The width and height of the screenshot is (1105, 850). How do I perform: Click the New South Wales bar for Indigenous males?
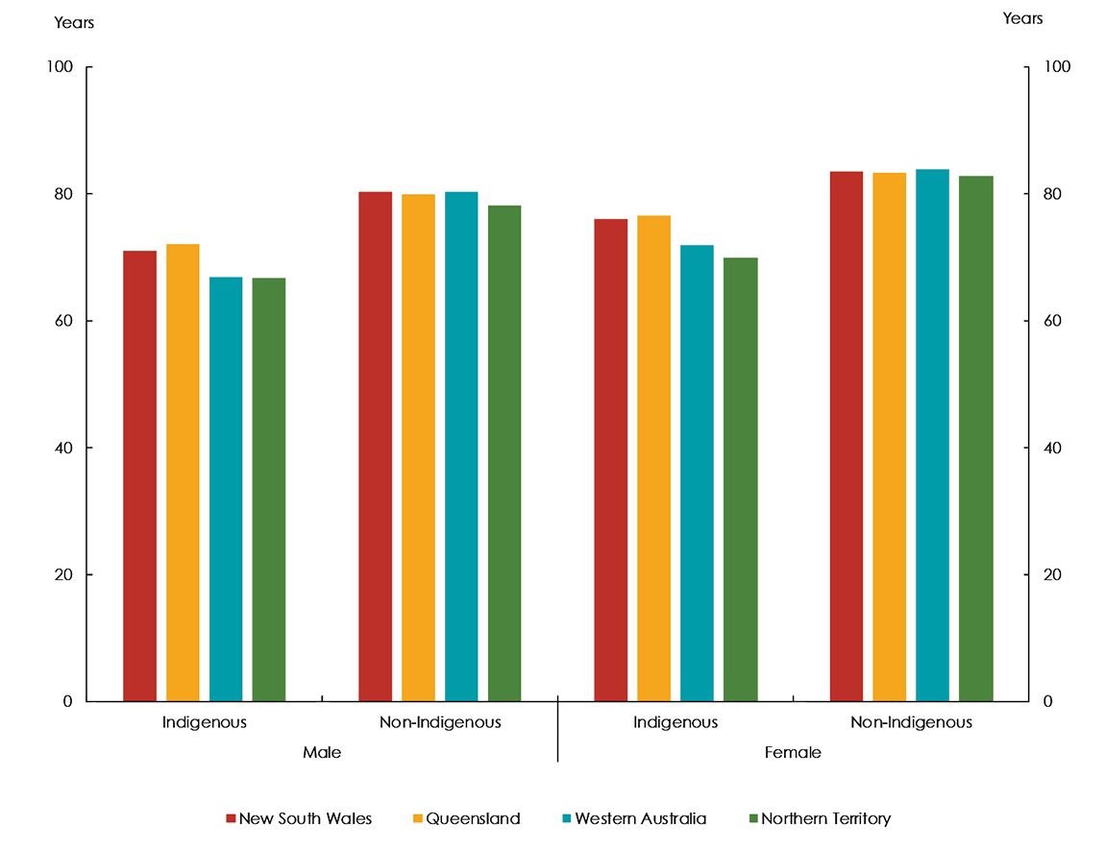[140, 475]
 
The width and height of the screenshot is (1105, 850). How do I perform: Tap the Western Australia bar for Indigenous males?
[226, 489]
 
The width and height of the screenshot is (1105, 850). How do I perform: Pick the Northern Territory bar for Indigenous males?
[269, 489]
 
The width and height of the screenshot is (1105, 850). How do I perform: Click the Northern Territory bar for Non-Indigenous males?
[504, 452]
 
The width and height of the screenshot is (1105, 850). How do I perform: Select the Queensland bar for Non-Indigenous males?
[418, 448]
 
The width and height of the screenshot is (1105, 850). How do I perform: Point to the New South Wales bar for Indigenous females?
[611, 460]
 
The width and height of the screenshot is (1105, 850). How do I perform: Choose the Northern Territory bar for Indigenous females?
[741, 479]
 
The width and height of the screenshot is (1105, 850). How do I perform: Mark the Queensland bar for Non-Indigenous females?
[890, 437]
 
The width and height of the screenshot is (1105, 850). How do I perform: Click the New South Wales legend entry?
[299, 819]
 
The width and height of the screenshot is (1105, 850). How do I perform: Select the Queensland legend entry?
[465, 819]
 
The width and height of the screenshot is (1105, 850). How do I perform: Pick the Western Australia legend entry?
[634, 819]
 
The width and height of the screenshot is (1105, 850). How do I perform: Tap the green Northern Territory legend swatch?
[753, 819]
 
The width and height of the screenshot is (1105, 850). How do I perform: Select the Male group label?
[322, 753]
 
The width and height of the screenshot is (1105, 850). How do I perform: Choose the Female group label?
[793, 753]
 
